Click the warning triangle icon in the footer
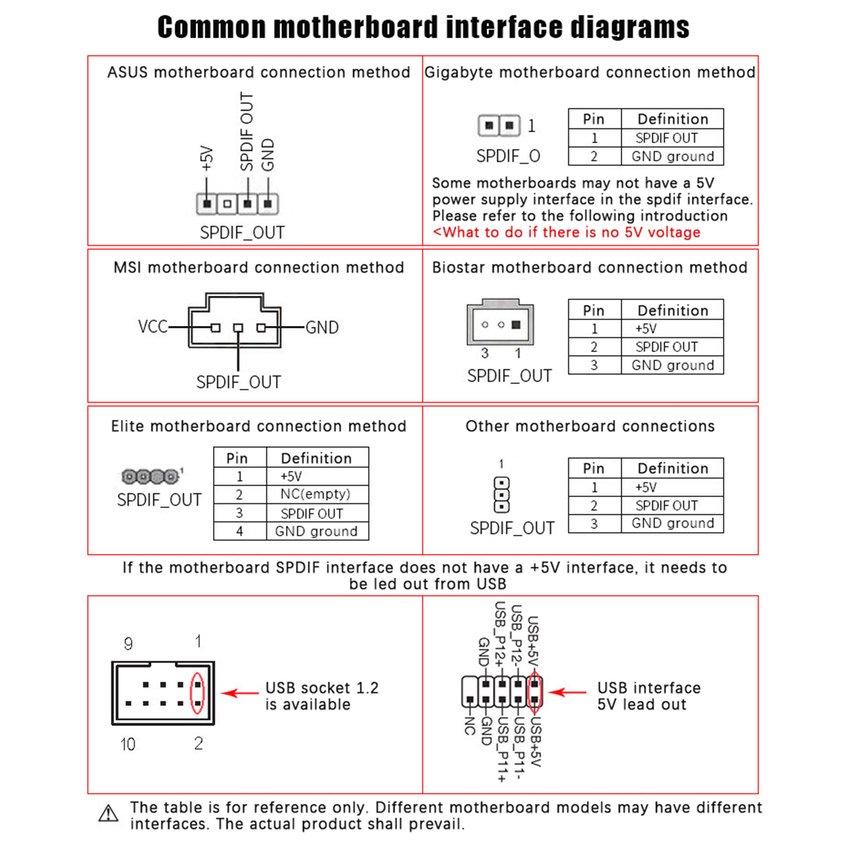click(x=109, y=814)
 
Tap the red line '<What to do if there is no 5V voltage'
click(x=566, y=232)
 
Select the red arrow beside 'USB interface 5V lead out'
click(x=567, y=692)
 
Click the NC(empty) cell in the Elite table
click(x=315, y=494)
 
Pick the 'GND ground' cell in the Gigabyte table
click(x=672, y=156)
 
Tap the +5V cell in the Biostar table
click(x=646, y=329)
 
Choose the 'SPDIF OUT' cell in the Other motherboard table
click(x=666, y=506)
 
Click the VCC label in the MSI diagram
click(x=153, y=326)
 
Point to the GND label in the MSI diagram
click(x=322, y=328)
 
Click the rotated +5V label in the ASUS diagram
click(x=207, y=158)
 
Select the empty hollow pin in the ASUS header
click(x=227, y=204)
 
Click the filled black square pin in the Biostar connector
click(x=516, y=325)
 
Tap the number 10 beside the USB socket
click(x=128, y=744)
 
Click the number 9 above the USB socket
click(x=128, y=643)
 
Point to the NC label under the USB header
click(x=470, y=726)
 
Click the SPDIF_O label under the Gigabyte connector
click(x=508, y=156)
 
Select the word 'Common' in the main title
click(x=211, y=27)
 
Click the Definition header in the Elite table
click(x=316, y=458)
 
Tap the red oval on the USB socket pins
click(x=197, y=693)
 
